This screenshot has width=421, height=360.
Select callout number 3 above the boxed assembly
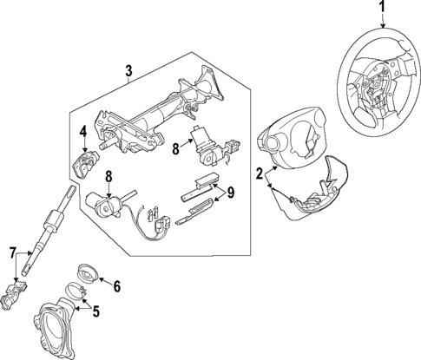coord(129,71)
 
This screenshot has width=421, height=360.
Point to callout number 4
coord(82,133)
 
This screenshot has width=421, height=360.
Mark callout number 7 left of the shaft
coord(12,252)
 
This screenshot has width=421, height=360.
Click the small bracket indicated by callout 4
coord(86,162)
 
